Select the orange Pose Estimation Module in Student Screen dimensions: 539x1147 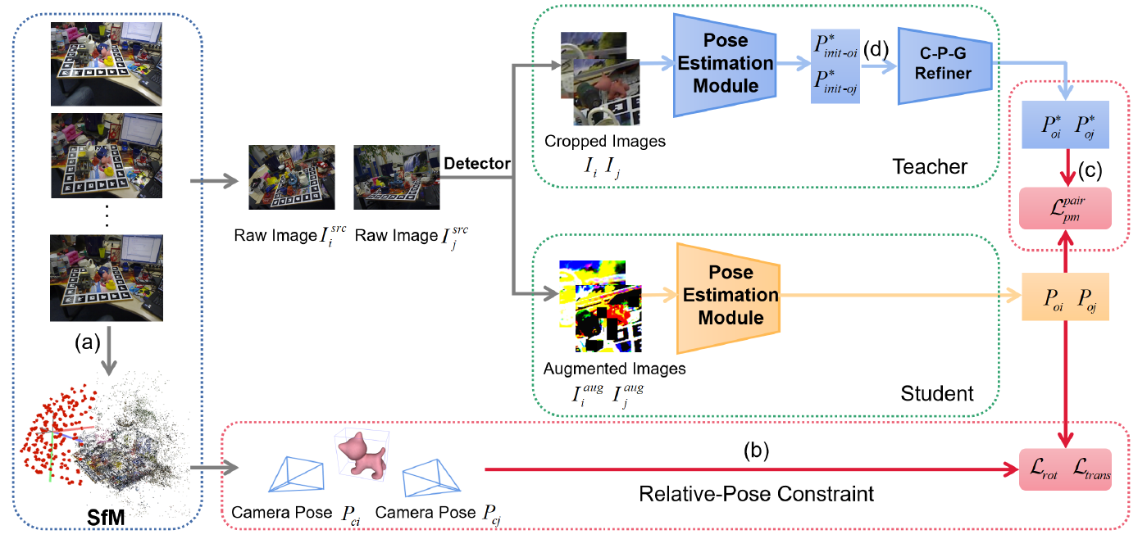726,295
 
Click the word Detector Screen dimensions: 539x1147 477,164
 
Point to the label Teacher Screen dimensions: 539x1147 930,167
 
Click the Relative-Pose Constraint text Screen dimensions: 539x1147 755,494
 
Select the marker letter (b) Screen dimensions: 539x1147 756,449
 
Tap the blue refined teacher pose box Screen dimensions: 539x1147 1065,125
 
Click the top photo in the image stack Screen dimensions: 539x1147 106,63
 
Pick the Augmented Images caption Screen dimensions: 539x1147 614,369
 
